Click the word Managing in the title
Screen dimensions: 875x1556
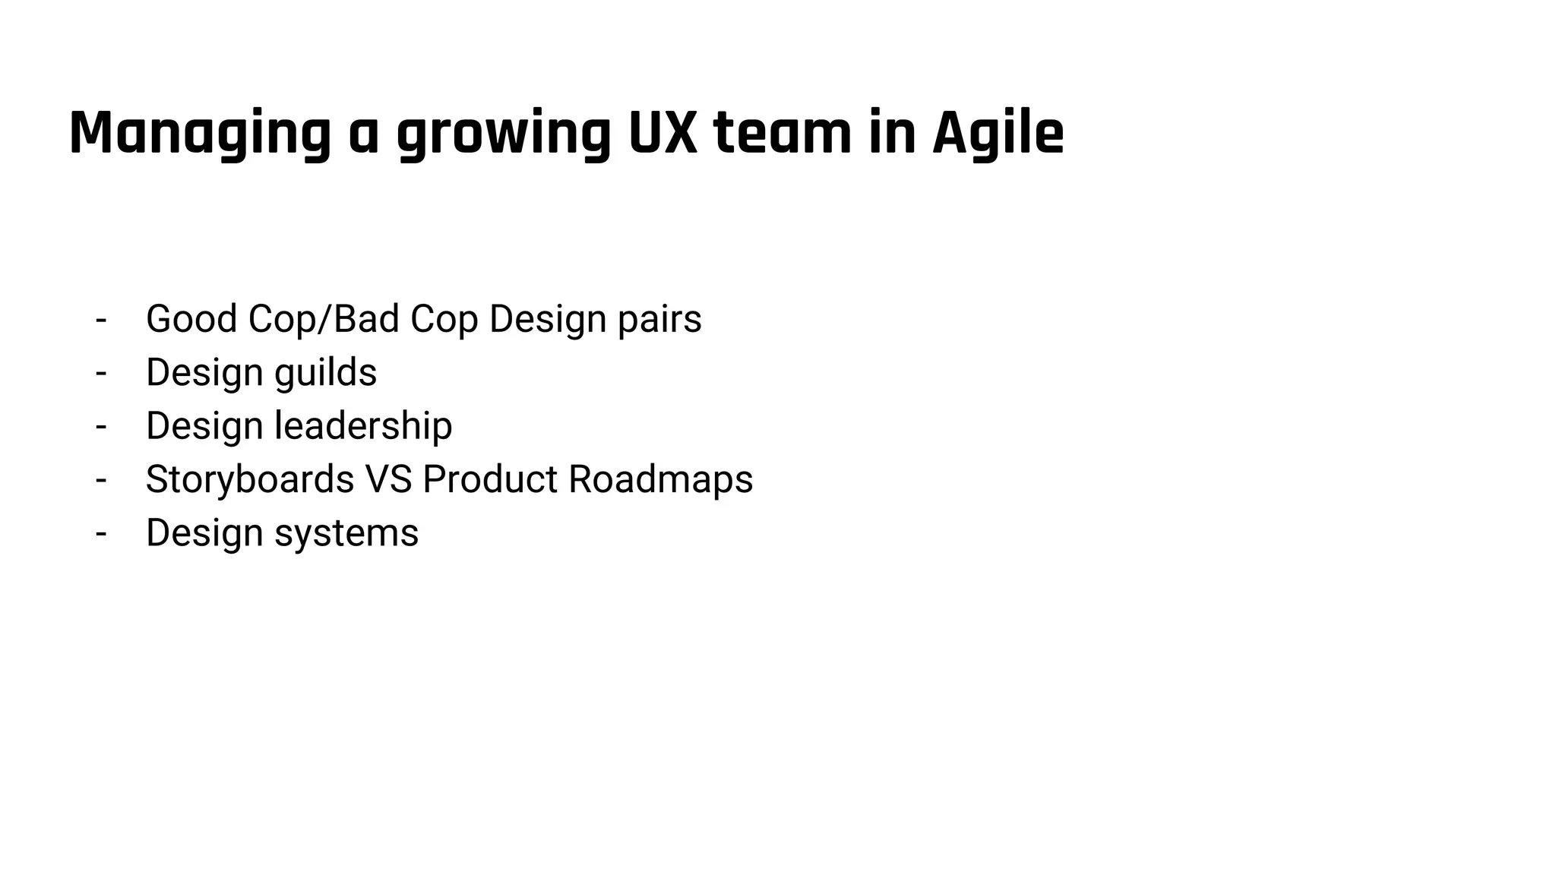click(x=200, y=134)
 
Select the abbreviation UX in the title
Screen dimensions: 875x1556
click(x=663, y=134)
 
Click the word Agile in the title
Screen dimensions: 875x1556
click(x=998, y=134)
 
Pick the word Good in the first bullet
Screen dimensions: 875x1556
click(x=191, y=318)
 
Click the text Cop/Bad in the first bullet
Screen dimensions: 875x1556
click(x=324, y=318)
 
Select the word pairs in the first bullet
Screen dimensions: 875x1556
click(x=659, y=320)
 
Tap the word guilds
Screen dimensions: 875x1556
click(x=325, y=372)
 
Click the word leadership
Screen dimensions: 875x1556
click(x=363, y=425)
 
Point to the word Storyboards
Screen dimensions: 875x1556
click(x=250, y=479)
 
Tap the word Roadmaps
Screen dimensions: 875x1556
click(x=660, y=479)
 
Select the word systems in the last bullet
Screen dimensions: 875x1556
click(x=346, y=533)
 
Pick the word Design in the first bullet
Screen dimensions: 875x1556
click(x=547, y=318)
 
